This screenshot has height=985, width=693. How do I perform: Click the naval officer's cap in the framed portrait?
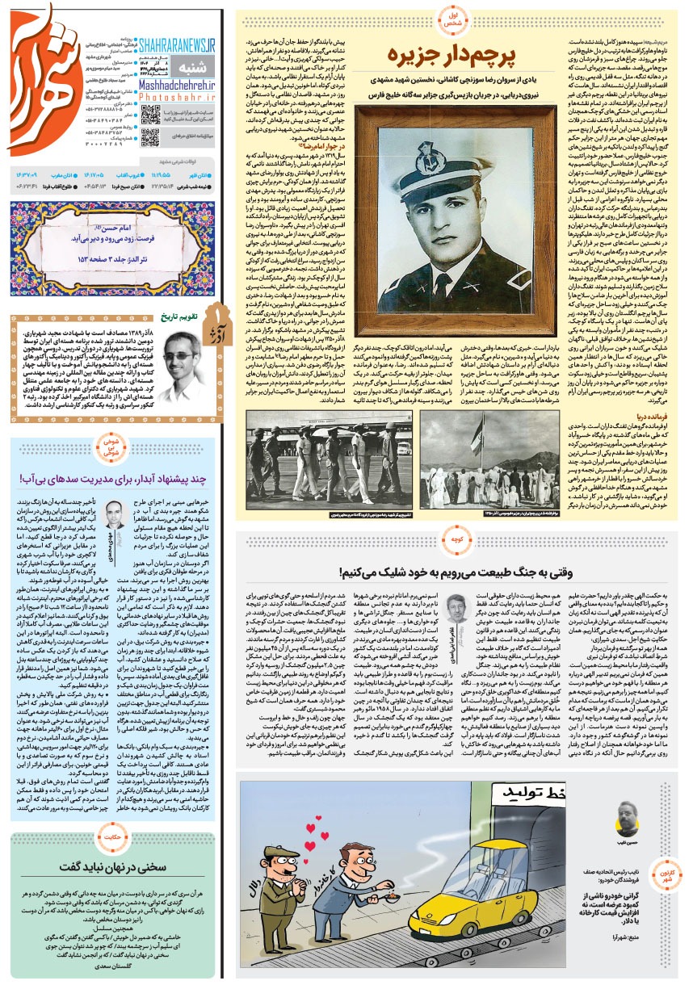pyautogui.click(x=447, y=149)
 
